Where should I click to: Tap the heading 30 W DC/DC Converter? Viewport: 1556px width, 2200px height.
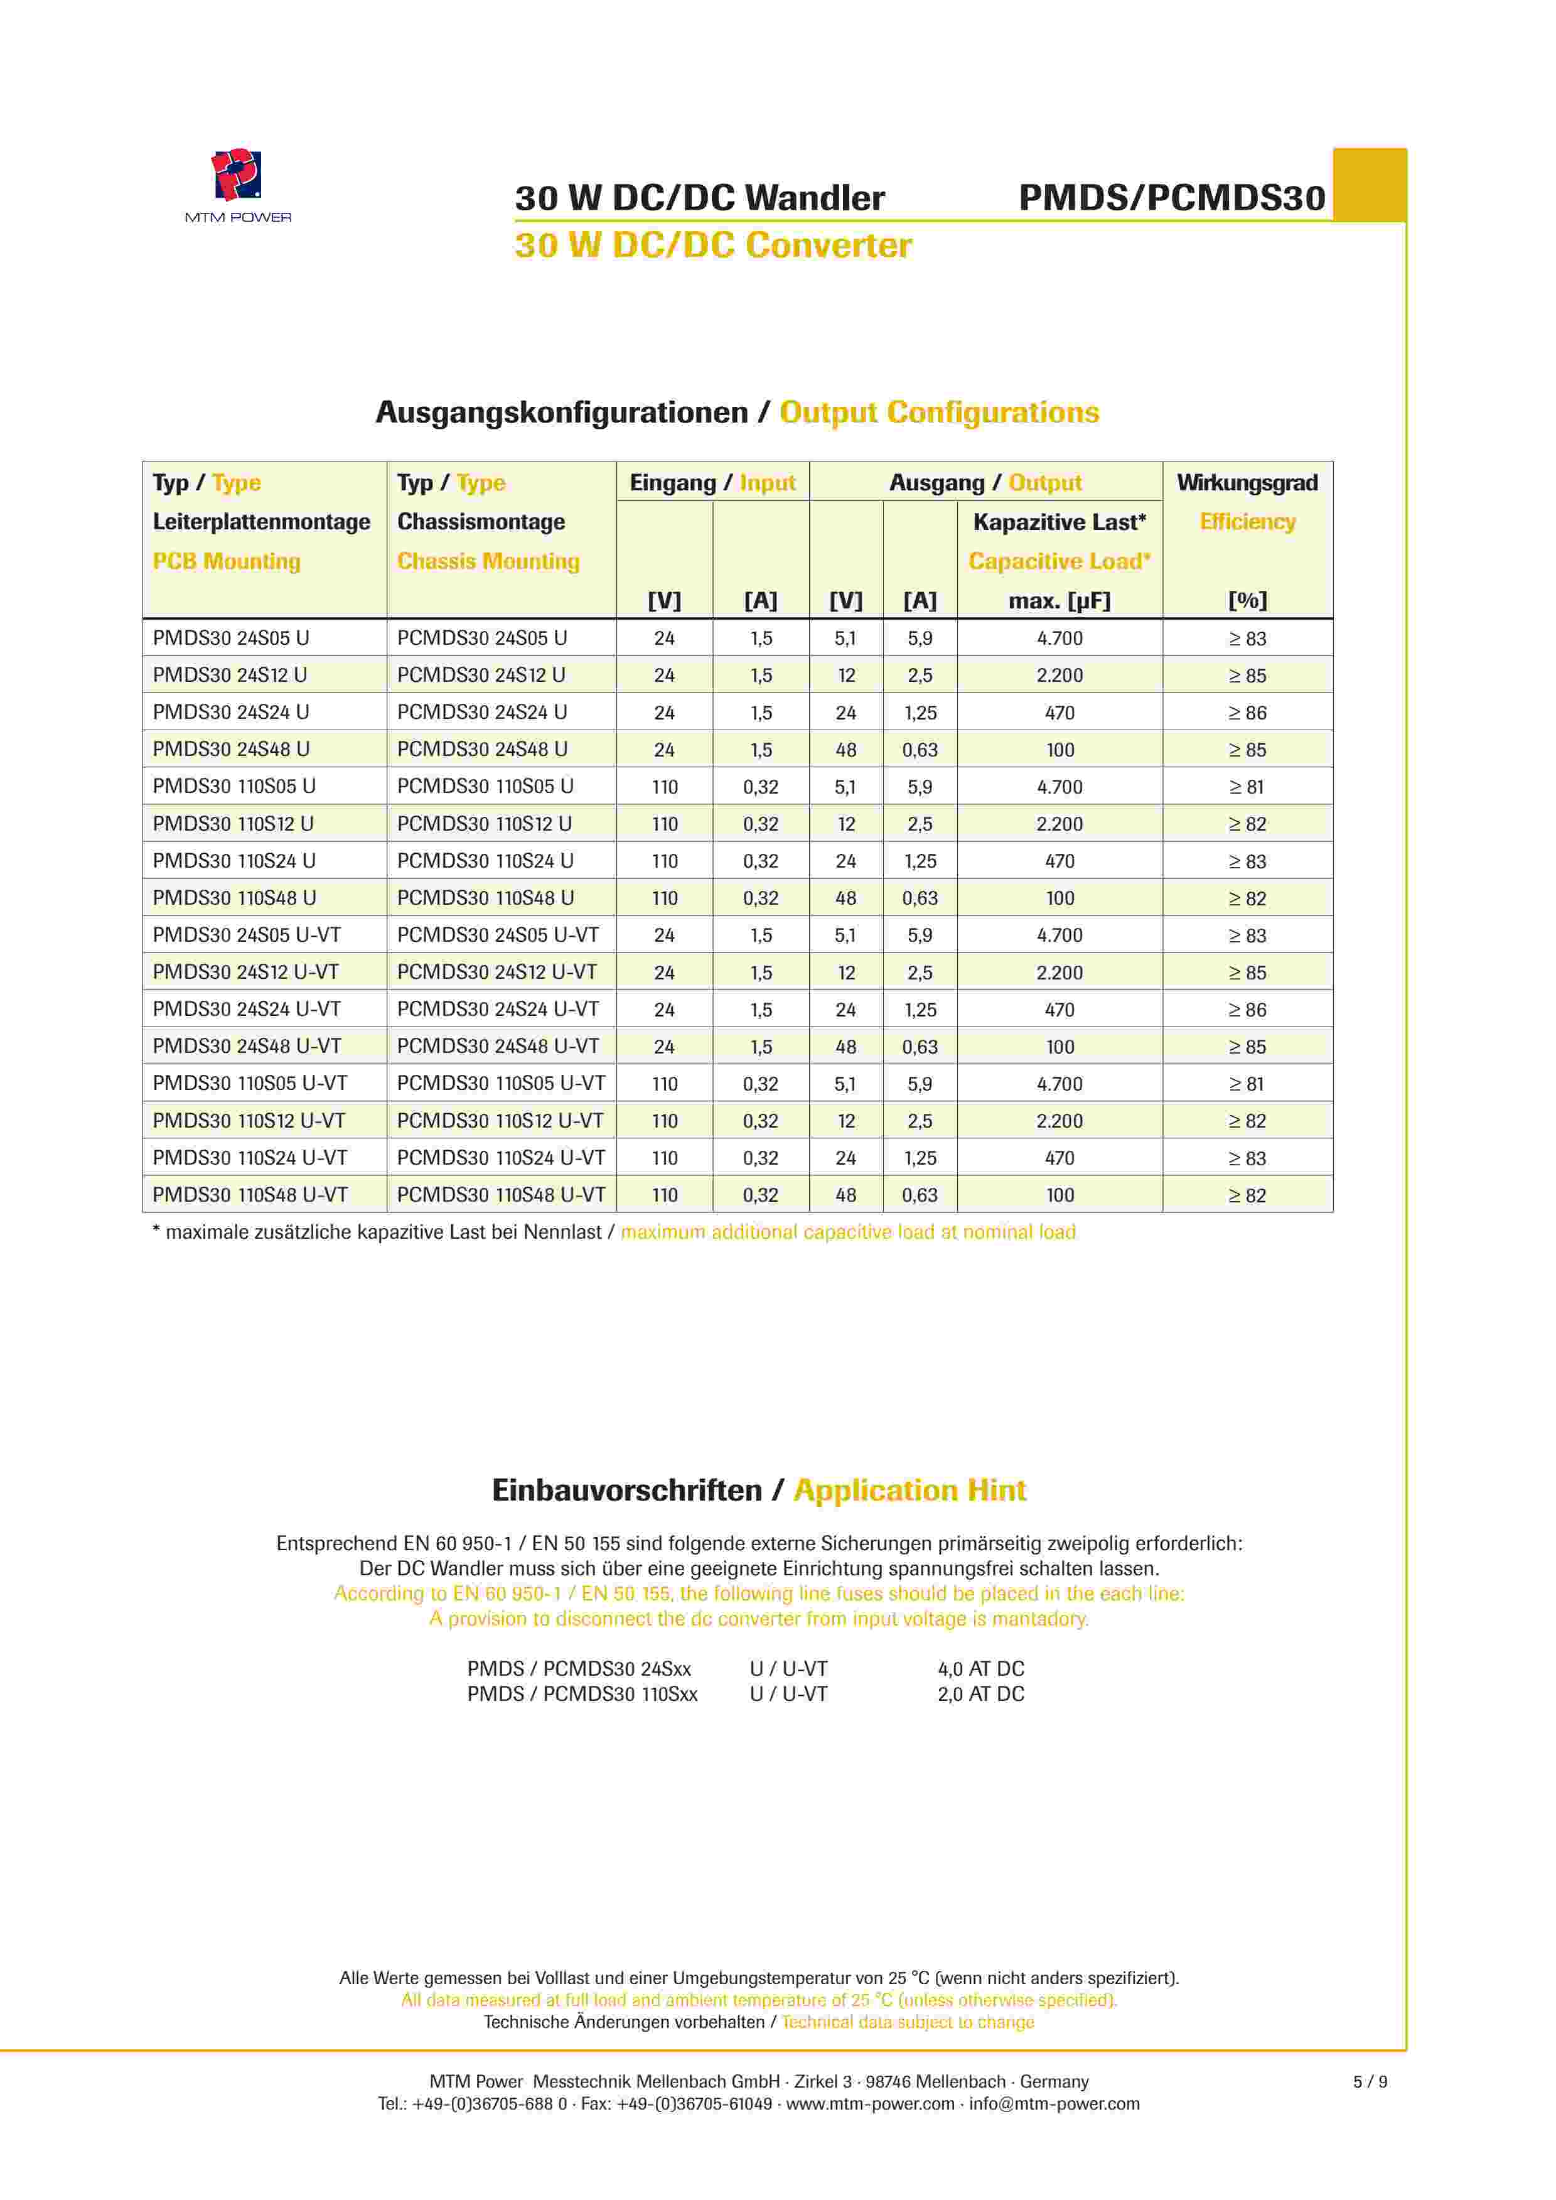pos(713,245)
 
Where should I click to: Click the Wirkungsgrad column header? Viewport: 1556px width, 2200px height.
pos(1247,483)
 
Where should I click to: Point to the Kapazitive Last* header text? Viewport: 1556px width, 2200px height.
pos(1059,522)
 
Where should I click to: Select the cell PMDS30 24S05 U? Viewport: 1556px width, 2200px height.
pos(231,638)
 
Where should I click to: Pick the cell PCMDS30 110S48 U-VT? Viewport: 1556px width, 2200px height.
pos(501,1195)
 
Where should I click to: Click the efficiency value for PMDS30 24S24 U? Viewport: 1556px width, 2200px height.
pos(1247,713)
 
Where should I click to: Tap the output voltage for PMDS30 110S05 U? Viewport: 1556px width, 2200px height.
pos(845,787)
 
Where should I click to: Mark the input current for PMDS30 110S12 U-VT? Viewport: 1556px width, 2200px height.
pos(761,1121)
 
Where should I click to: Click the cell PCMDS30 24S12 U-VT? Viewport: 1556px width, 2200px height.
pos(496,973)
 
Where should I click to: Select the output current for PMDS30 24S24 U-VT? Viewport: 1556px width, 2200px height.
pos(920,1010)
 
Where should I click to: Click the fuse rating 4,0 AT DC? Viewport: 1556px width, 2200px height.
pos(980,1669)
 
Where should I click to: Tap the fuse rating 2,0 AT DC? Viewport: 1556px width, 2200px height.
pos(980,1694)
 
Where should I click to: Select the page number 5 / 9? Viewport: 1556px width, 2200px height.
pos(1369,2082)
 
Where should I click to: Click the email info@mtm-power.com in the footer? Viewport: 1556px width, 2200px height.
pos(1054,2104)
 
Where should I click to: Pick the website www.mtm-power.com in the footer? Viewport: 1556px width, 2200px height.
pos(870,2104)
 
